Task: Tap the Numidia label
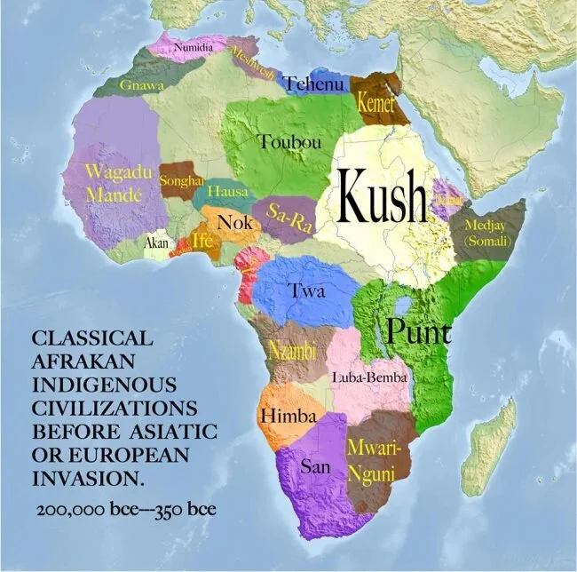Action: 193,46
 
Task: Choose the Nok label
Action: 234,222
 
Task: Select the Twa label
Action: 308,290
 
